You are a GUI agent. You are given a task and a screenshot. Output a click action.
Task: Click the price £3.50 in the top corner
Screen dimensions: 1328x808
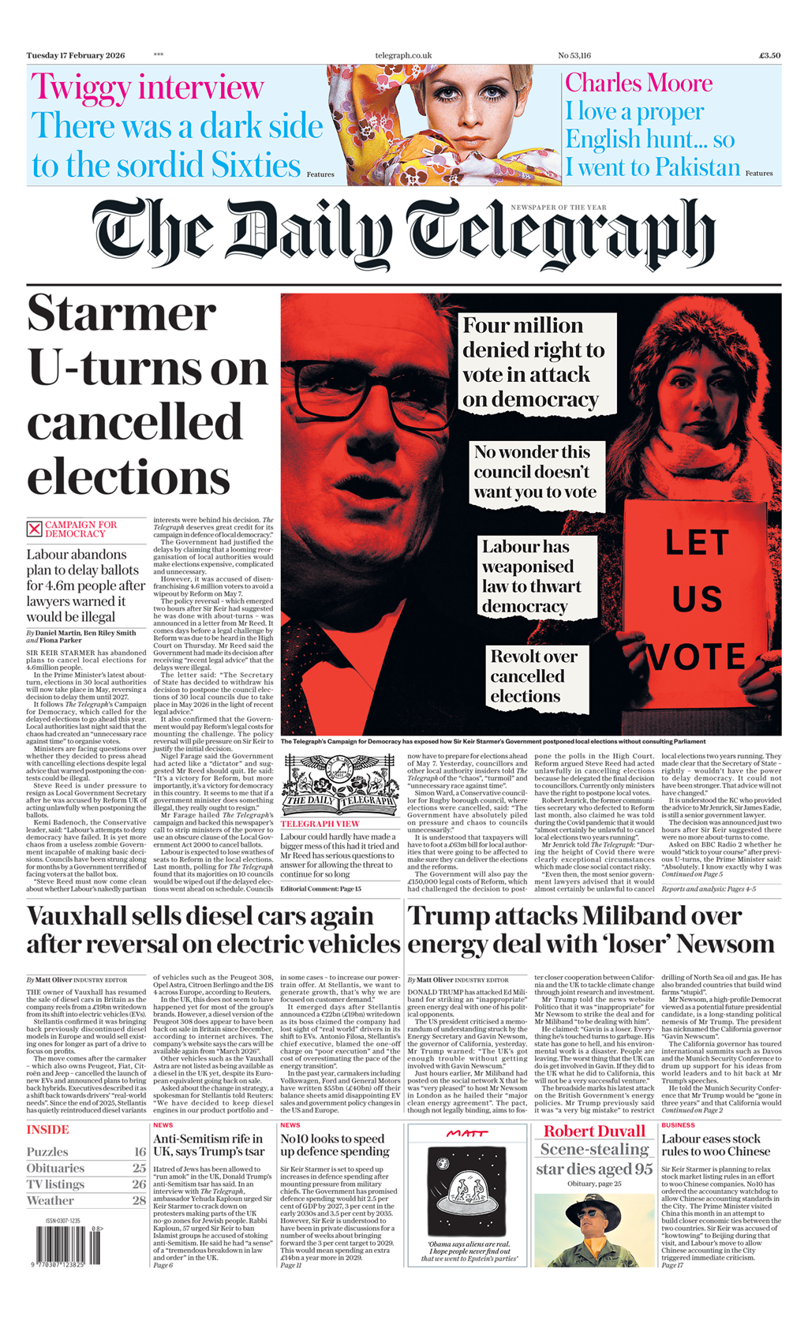(769, 55)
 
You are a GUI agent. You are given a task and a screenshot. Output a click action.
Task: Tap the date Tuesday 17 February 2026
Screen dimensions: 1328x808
(76, 55)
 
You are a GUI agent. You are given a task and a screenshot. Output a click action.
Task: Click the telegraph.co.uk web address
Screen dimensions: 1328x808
(403, 55)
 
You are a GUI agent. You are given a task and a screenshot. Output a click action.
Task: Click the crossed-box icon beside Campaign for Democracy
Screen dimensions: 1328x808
(34, 529)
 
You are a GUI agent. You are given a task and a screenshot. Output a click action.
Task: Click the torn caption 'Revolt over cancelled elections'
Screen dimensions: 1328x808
(533, 676)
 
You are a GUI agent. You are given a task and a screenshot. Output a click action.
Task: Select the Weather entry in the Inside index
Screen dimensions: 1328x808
(50, 1200)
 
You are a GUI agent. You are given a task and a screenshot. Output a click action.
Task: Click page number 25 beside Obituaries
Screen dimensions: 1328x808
(139, 1168)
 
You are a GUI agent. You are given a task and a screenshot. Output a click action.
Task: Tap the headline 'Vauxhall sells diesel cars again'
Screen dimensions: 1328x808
(200, 916)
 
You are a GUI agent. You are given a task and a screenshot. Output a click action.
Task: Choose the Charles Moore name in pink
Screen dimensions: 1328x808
(638, 83)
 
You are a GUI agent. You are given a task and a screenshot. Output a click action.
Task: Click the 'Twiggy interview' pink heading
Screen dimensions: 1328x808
(147, 87)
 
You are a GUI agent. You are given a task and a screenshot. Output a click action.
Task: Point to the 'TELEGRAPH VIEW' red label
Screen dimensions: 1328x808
(320, 824)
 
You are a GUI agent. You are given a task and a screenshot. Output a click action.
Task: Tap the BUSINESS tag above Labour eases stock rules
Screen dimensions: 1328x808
(678, 1125)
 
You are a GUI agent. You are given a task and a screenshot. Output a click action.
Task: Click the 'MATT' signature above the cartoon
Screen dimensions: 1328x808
(467, 1133)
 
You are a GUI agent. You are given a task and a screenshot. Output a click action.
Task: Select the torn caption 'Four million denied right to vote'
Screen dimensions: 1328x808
(534, 362)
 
